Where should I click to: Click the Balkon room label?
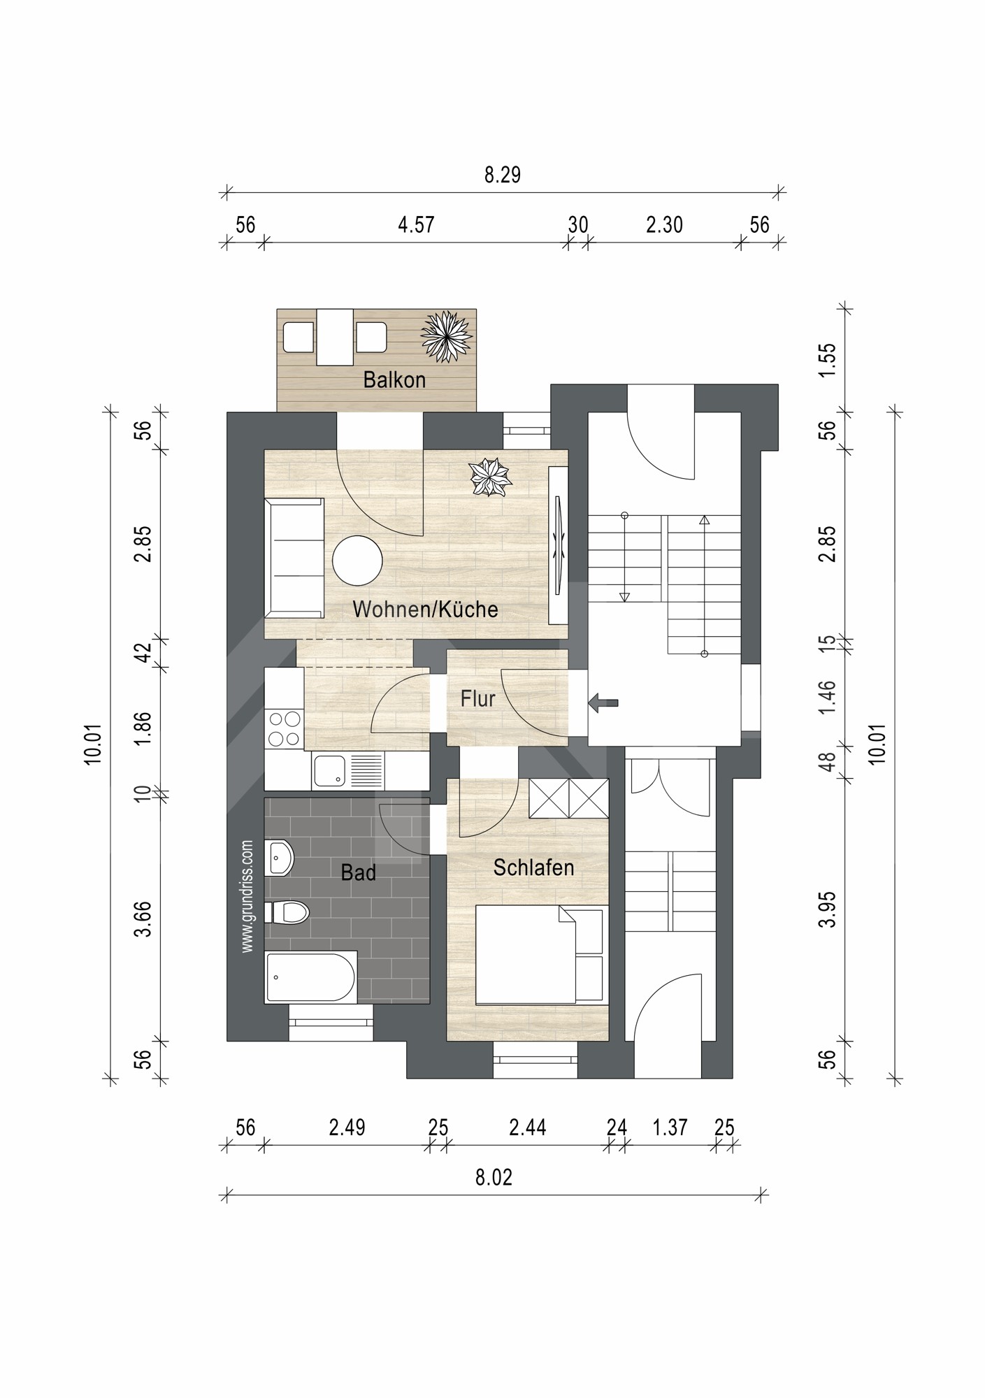tap(394, 380)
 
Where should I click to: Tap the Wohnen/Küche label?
tap(425, 609)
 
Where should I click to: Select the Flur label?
tap(478, 698)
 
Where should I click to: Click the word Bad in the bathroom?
tap(358, 872)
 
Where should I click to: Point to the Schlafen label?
tap(533, 867)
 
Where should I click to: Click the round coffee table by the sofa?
tap(357, 561)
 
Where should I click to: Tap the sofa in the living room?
tap(294, 558)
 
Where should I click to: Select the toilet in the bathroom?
tap(287, 912)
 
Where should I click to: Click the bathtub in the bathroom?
tap(312, 977)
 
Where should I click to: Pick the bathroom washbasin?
tap(280, 858)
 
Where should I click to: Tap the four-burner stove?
tap(284, 728)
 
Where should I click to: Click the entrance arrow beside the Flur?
tap(603, 703)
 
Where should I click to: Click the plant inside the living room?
tap(490, 477)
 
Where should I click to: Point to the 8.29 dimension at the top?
tap(503, 175)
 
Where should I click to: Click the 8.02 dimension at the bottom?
tap(494, 1178)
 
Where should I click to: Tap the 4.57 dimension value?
tap(416, 224)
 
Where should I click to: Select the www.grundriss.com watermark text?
tap(247, 896)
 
